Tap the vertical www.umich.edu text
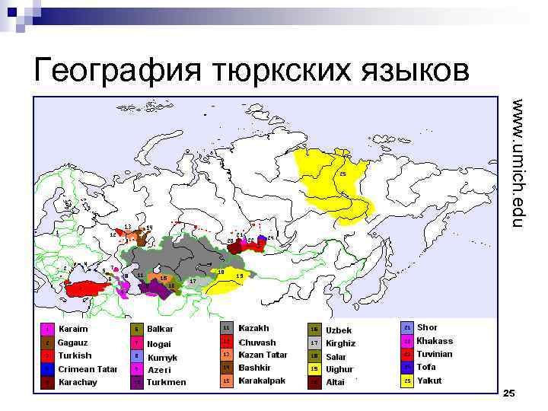518,163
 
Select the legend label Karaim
73,329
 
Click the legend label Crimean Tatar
87,369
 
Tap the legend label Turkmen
166,382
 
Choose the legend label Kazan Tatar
263,355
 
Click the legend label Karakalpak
260,380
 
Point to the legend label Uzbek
339,330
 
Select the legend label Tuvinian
434,354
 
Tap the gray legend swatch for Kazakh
225,328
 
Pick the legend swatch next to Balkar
135,330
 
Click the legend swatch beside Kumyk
135,355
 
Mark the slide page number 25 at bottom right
509,393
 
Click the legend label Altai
335,382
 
